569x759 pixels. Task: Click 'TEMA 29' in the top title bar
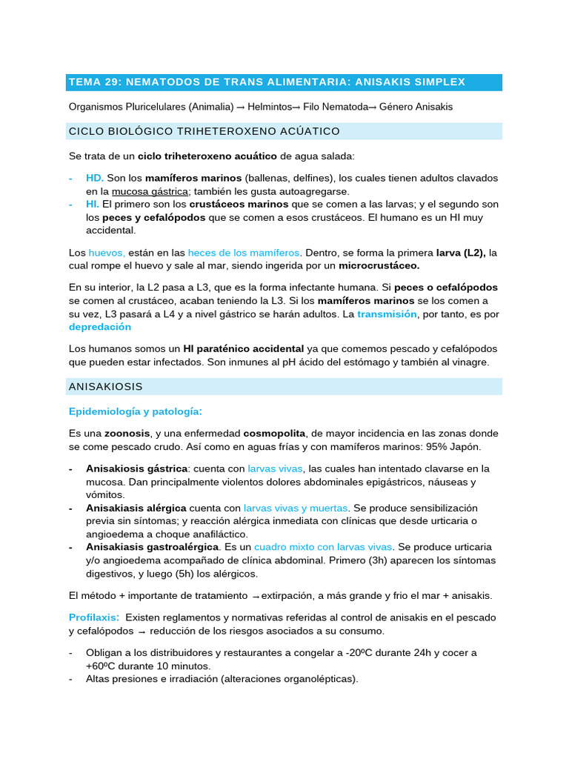click(x=93, y=82)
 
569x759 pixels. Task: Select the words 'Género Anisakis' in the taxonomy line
click(x=416, y=107)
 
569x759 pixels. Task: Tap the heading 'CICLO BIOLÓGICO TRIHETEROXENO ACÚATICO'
click(x=204, y=131)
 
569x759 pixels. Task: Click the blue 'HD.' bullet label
click(x=95, y=179)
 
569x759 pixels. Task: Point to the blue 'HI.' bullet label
click(x=93, y=204)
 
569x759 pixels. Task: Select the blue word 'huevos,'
click(x=107, y=253)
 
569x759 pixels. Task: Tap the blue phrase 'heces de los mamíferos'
click(x=244, y=253)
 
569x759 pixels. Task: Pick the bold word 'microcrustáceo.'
click(x=379, y=265)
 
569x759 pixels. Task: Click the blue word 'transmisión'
click(x=385, y=314)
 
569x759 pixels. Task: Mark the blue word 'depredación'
click(x=100, y=327)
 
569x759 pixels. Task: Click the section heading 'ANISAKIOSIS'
click(x=105, y=387)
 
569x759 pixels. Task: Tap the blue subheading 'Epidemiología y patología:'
click(x=135, y=411)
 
